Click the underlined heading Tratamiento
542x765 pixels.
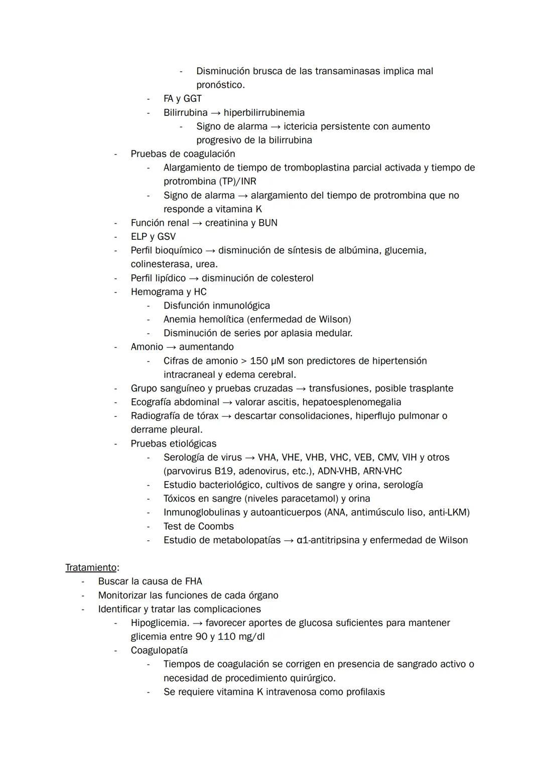pos(91,567)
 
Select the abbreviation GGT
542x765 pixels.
pos(193,98)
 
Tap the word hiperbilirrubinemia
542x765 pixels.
pos(264,112)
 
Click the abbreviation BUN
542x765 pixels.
pos(267,223)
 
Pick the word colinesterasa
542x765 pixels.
pos(157,264)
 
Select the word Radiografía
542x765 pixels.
pos(160,416)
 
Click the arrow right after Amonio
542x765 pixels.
pos(171,347)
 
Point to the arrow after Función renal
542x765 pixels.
pos(197,223)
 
